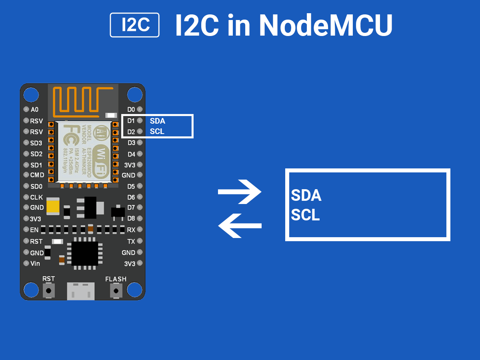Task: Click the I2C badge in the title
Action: (x=135, y=25)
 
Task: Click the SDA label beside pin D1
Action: (x=157, y=121)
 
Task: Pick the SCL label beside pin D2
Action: (x=157, y=131)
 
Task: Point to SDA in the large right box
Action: (x=306, y=196)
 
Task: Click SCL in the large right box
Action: (x=305, y=215)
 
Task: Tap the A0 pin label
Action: (x=34, y=110)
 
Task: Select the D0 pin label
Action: (x=131, y=110)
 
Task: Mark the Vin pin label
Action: (x=35, y=264)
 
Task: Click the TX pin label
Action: (x=131, y=242)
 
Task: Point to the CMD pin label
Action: (x=37, y=175)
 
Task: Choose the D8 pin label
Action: (x=131, y=219)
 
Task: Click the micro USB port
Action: (x=81, y=290)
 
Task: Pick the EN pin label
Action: (x=34, y=230)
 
